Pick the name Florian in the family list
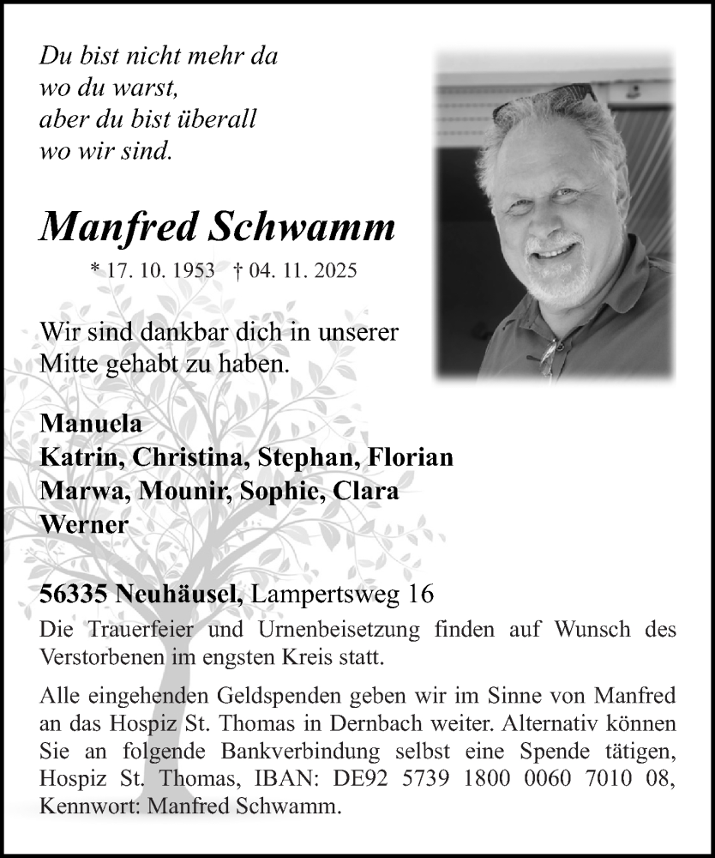pyautogui.click(x=409, y=457)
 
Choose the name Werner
pyautogui.click(x=84, y=524)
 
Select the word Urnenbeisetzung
pyautogui.click(x=345, y=631)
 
